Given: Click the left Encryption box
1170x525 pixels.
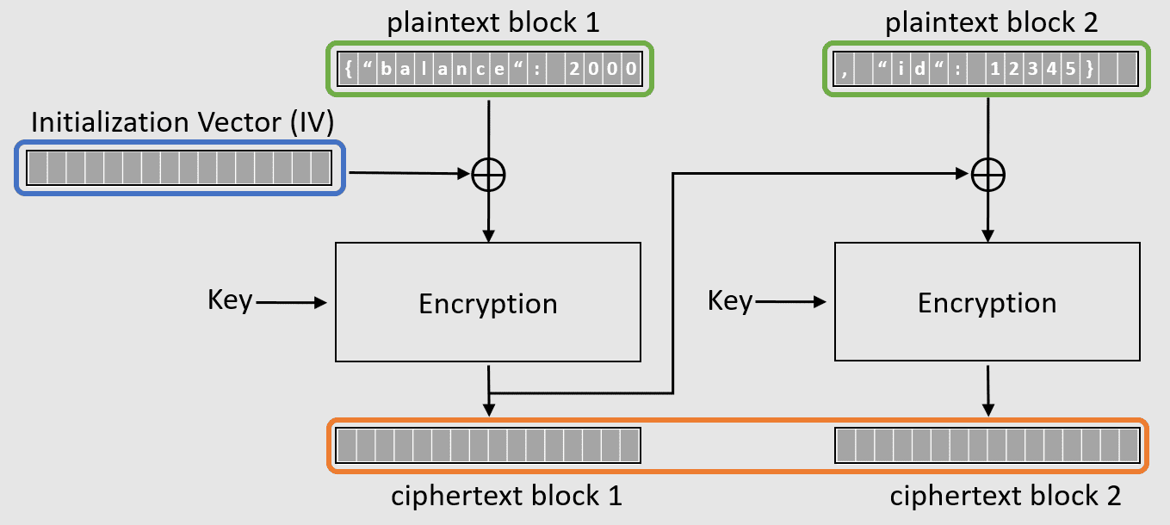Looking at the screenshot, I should [x=487, y=302].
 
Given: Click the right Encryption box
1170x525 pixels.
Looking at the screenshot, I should [x=987, y=302].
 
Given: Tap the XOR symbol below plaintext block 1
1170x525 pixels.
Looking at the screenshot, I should [x=489, y=176].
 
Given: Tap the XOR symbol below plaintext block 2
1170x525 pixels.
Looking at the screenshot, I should [x=987, y=176].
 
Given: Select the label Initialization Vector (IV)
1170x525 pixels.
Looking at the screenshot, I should [x=182, y=123].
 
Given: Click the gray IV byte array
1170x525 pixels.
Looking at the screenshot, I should [x=179, y=167].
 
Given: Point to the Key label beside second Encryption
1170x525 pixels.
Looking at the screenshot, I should [x=729, y=300].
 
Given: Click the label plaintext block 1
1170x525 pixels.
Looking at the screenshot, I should [x=493, y=22].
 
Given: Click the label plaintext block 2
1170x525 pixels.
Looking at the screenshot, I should [x=991, y=22].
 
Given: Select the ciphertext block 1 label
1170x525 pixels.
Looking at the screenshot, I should [x=506, y=497].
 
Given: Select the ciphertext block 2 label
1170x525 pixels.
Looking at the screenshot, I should [x=1005, y=497].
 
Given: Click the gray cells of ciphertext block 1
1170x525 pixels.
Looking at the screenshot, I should [x=488, y=445].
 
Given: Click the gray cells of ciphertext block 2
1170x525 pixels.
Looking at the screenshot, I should [x=987, y=445].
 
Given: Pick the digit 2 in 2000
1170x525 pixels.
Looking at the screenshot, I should [x=574, y=70].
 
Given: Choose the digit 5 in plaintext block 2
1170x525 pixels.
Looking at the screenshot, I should [x=1071, y=70].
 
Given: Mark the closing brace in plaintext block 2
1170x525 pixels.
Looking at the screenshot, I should [x=1090, y=70].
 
